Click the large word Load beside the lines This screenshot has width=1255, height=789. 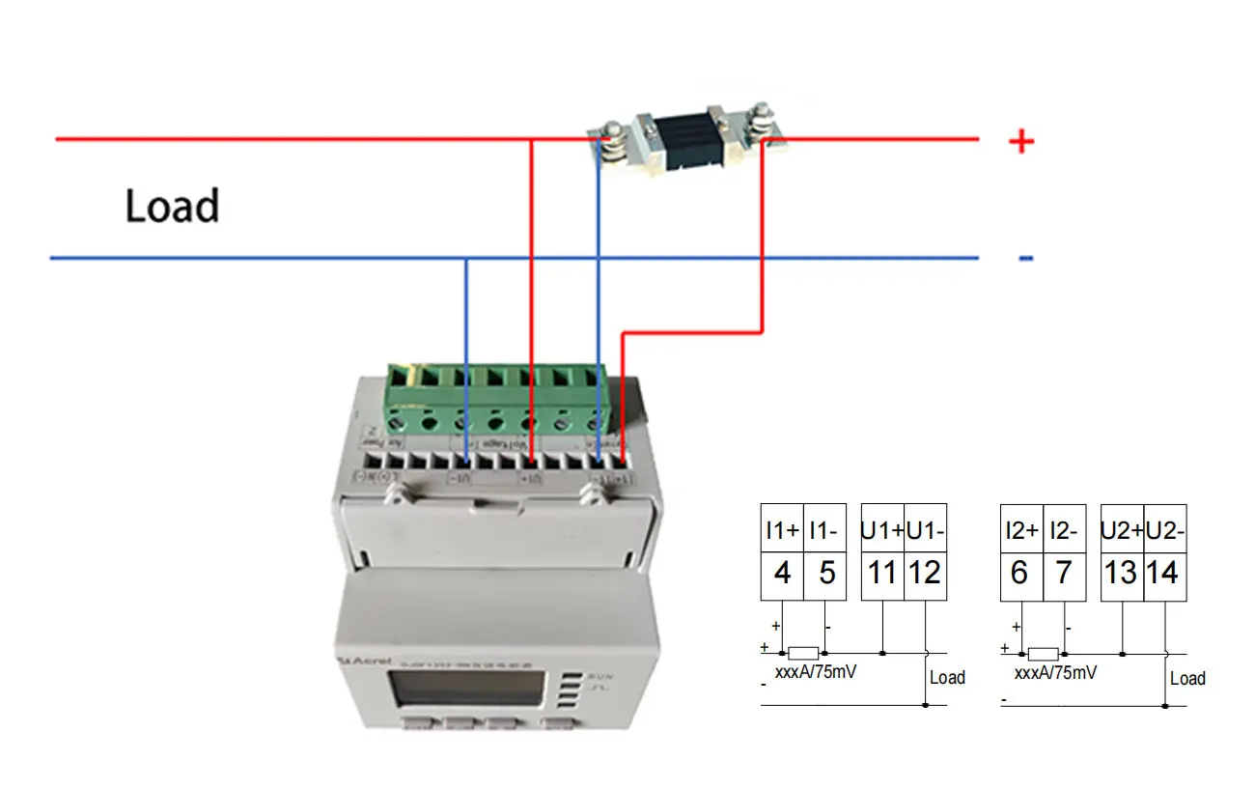coord(172,206)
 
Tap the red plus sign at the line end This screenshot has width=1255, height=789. coord(1020,143)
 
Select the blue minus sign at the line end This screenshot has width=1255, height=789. coord(1025,258)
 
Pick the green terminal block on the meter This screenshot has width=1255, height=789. coord(497,398)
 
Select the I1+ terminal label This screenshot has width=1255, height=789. coord(782,530)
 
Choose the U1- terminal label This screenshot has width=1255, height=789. coord(925,530)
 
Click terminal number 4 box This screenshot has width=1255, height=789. coord(782,574)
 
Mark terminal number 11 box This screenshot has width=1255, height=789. coord(881,574)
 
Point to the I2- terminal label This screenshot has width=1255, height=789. coord(1063,530)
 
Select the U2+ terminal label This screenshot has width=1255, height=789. coord(1121,530)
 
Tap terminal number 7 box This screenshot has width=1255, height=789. coord(1063,574)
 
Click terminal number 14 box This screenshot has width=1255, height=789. coord(1163,574)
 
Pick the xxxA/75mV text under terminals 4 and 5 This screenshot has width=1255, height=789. coord(816,672)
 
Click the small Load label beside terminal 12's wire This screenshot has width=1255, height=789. coord(947,677)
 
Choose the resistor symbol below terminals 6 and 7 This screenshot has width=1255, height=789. coord(1043,654)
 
